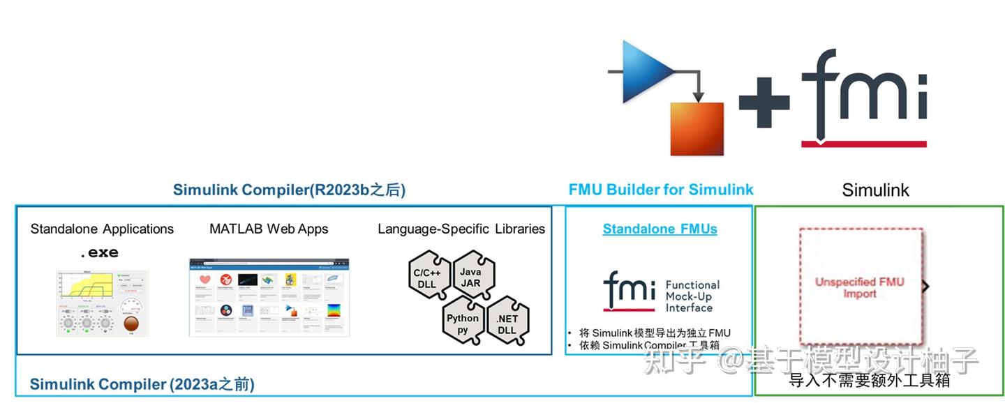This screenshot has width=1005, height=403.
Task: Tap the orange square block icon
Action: (x=697, y=129)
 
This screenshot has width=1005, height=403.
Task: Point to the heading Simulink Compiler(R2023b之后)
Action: (x=289, y=190)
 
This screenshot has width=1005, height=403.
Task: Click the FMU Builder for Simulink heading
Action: (x=661, y=190)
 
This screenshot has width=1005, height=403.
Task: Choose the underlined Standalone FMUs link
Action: (x=660, y=229)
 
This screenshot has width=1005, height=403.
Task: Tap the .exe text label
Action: (x=99, y=252)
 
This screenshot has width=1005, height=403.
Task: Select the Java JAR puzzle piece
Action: (x=471, y=277)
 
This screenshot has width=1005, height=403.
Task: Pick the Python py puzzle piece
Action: (x=463, y=324)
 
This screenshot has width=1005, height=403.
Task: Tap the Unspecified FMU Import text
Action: (x=859, y=287)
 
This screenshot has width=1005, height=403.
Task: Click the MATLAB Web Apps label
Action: (x=269, y=229)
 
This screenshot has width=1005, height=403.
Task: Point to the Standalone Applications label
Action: (x=102, y=229)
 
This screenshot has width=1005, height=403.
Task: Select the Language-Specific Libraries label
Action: (x=461, y=229)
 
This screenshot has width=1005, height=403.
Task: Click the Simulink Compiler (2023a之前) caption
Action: (x=142, y=384)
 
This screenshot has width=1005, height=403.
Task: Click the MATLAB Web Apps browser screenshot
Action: (x=269, y=298)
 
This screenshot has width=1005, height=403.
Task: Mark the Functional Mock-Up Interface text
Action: (x=692, y=296)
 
